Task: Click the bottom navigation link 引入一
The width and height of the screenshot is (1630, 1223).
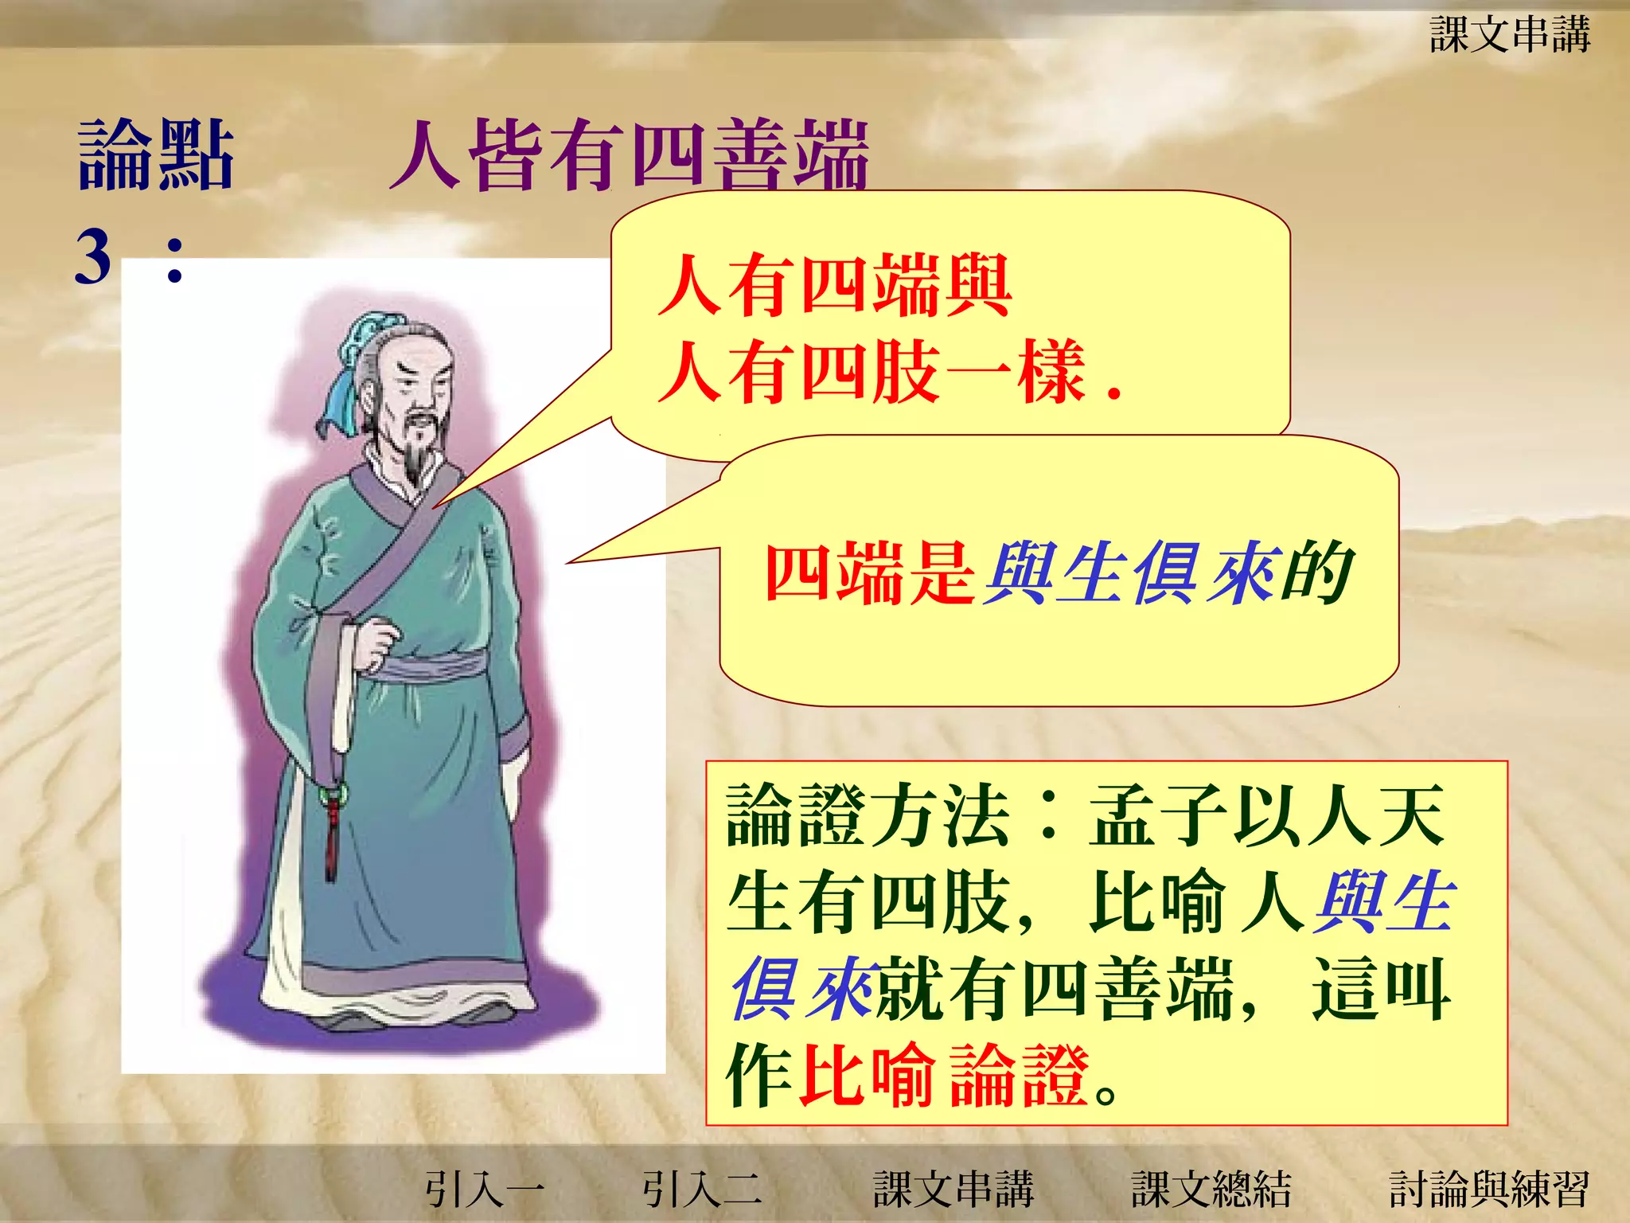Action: [484, 1189]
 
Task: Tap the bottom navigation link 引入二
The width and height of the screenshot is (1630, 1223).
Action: [702, 1189]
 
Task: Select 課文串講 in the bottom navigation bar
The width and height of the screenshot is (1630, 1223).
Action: [953, 1189]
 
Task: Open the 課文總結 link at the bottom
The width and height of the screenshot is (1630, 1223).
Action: [1211, 1189]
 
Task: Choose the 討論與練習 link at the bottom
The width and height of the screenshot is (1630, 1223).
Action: [1488, 1189]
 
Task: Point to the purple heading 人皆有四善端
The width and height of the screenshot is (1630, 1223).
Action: [629, 155]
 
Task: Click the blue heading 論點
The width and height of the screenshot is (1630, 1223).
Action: [156, 155]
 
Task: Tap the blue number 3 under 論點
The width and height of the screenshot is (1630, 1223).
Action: [93, 256]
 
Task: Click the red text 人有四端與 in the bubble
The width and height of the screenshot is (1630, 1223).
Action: [834, 285]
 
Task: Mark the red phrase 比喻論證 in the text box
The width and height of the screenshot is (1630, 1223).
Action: [943, 1075]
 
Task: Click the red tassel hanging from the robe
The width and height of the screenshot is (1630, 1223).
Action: [331, 836]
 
